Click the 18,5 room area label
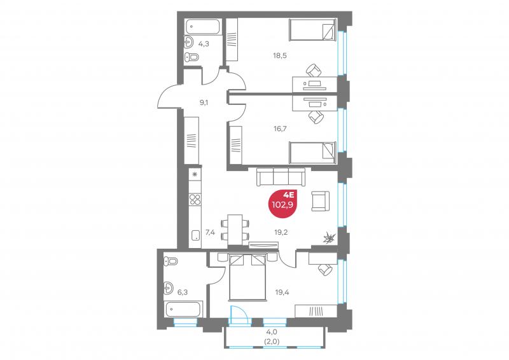click(279, 55)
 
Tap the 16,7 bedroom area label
click(280, 128)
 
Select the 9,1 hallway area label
click(204, 103)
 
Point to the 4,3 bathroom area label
click(204, 44)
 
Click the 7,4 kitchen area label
click(210, 232)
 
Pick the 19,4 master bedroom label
click(282, 292)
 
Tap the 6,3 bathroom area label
click(183, 292)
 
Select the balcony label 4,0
click(272, 332)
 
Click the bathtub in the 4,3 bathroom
click(203, 27)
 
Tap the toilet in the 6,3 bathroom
click(171, 261)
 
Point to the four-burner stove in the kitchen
click(195, 199)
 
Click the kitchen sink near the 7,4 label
click(195, 235)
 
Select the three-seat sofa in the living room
click(281, 177)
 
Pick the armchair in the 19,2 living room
click(321, 201)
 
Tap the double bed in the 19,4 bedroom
click(248, 277)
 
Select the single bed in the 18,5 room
click(312, 30)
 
